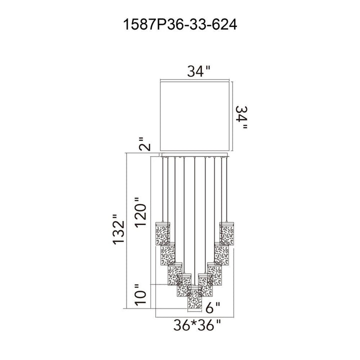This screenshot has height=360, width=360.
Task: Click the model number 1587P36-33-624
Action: tap(180, 24)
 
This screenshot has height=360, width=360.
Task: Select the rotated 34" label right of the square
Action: tap(242, 117)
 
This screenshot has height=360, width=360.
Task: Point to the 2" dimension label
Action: tap(145, 144)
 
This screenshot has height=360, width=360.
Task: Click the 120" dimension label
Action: tap(140, 212)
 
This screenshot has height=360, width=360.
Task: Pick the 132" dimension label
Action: tap(118, 229)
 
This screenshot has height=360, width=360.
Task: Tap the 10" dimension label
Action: tap(140, 294)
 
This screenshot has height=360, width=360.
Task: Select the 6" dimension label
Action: tap(213, 307)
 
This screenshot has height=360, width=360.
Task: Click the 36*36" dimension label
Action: tap(197, 325)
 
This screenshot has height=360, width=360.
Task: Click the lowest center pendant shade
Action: tap(194, 297)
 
